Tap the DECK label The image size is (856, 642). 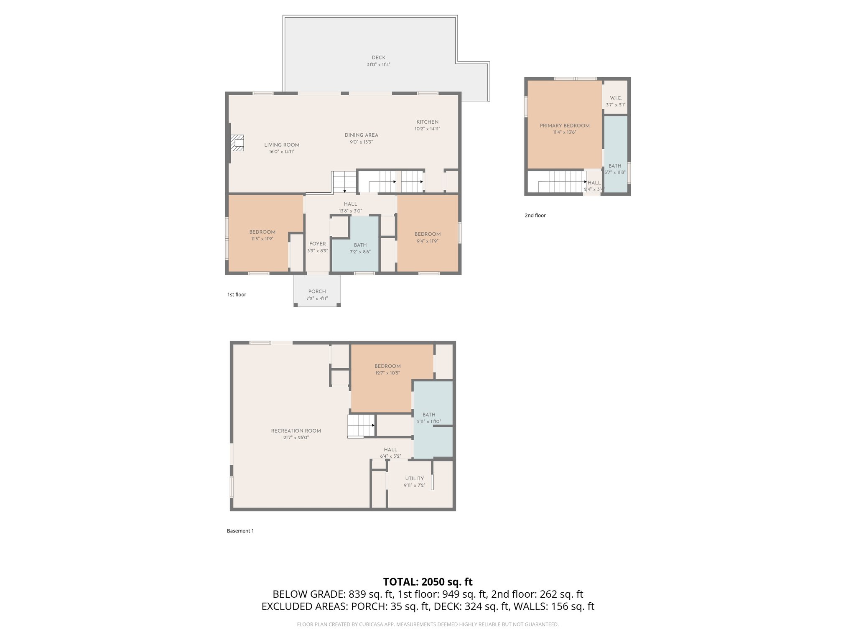point(378,58)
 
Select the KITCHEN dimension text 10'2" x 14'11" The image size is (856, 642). point(427,129)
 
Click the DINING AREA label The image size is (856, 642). point(361,135)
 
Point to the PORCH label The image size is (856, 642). point(317,291)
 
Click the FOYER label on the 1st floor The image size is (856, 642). point(317,244)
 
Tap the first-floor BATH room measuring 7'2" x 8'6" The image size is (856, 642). point(360,248)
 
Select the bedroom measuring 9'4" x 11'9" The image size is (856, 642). point(427,237)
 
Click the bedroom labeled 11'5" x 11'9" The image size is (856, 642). point(262,235)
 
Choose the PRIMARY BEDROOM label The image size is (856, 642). point(564,125)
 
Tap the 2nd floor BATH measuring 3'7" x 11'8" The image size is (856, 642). point(615,168)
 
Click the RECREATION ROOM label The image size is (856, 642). point(296,431)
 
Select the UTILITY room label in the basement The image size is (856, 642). point(414,479)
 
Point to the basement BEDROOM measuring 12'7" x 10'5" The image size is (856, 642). point(387,369)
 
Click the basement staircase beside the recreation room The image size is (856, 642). point(361,425)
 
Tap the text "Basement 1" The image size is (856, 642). point(240,531)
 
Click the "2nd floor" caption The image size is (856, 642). point(535,215)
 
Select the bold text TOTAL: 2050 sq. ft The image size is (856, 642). point(428,582)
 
